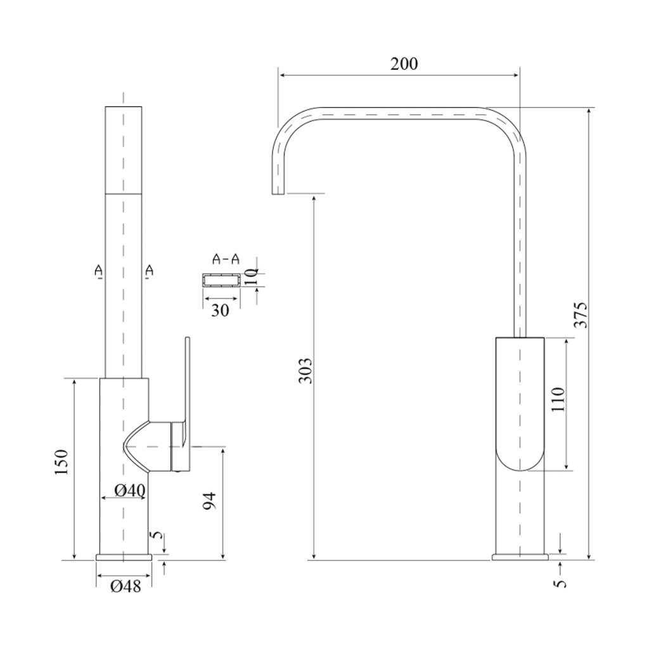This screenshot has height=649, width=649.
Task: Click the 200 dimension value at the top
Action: coord(404,64)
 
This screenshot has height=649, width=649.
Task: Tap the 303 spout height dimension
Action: coord(305,370)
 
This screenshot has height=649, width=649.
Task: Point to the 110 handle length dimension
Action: coord(558,399)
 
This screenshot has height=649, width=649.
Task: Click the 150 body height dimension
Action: coord(61,462)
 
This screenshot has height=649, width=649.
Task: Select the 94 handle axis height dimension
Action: coord(210,501)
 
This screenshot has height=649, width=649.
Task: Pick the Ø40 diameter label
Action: coord(130,491)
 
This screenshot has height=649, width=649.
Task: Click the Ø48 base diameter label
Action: coord(126,586)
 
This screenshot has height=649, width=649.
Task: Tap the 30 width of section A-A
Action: coord(220,310)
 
